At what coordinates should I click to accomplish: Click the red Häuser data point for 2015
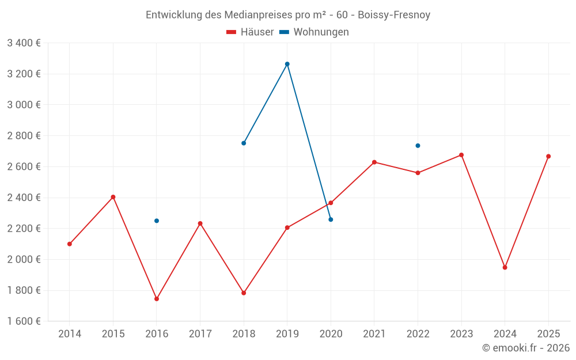coord(113,197)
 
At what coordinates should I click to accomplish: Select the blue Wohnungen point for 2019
coord(287,64)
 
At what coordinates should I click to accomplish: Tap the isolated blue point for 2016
coord(157,221)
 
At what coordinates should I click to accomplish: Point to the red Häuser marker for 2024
coord(505,267)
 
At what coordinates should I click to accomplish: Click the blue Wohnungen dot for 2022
coord(418,146)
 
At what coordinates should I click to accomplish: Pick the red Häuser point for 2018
coord(244,293)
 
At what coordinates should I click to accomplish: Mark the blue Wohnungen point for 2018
coord(244,143)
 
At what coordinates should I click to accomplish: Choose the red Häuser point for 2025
coord(548,156)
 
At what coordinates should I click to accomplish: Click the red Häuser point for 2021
coord(374,162)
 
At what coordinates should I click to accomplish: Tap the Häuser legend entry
coord(250,32)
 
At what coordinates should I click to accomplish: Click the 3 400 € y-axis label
coord(24,43)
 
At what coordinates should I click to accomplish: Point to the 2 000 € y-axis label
coord(24,259)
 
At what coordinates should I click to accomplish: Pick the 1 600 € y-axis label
coord(24,321)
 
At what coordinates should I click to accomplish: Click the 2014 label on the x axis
coord(70,334)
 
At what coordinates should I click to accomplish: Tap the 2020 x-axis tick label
coord(331,334)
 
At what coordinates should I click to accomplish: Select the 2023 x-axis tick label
coord(461,334)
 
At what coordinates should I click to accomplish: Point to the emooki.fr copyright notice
coord(526,348)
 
